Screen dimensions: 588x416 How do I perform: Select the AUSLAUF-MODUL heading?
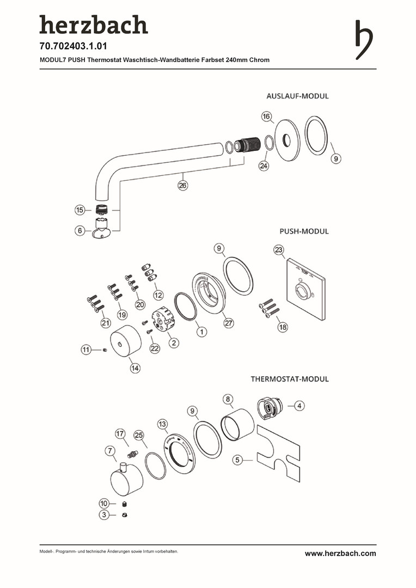pyautogui.click(x=297, y=96)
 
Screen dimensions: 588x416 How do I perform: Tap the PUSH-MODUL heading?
pyautogui.click(x=304, y=231)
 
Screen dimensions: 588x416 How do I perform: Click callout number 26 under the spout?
pyautogui.click(x=182, y=186)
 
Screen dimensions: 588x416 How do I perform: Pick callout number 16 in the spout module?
pyautogui.click(x=266, y=117)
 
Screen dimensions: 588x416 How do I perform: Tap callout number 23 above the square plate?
pyautogui.click(x=279, y=250)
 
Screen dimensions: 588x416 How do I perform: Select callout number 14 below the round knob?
pyautogui.click(x=135, y=368)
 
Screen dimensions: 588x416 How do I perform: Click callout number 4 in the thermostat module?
pyautogui.click(x=300, y=405)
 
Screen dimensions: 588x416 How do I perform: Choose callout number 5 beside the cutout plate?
pyautogui.click(x=237, y=460)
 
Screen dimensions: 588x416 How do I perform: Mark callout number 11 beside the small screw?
pyautogui.click(x=86, y=350)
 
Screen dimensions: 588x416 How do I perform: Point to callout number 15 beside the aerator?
pyautogui.click(x=81, y=210)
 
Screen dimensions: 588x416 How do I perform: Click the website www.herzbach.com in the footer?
pyautogui.click(x=340, y=554)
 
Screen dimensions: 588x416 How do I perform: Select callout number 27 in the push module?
pyautogui.click(x=229, y=323)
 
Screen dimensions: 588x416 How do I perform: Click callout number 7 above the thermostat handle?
pyautogui.click(x=111, y=451)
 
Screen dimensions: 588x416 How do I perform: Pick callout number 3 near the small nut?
pyautogui.click(x=104, y=514)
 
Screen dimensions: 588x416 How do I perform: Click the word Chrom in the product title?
pyautogui.click(x=259, y=60)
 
